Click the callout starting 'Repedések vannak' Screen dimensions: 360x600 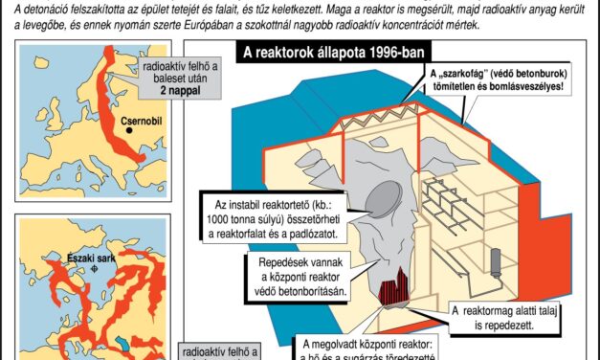click(x=298, y=276)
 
